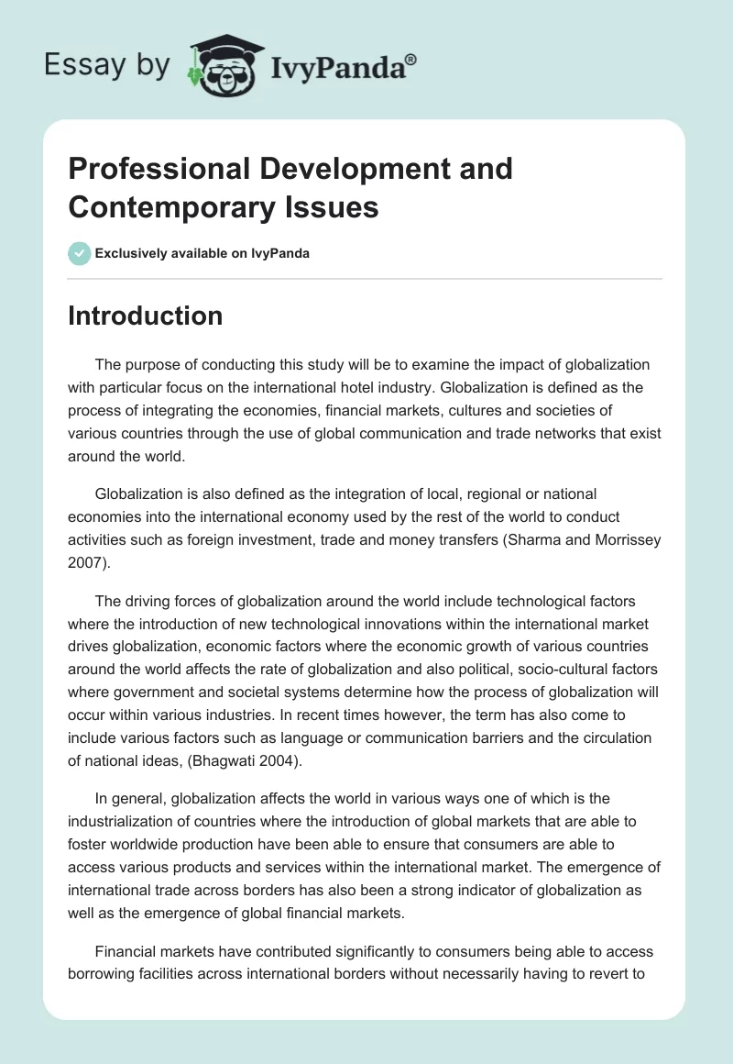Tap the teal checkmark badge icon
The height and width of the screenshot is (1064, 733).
pos(79,253)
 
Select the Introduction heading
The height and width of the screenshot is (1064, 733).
pos(145,316)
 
